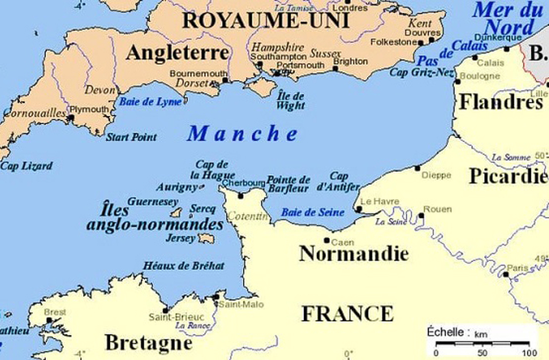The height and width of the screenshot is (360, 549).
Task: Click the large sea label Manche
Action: point(243,133)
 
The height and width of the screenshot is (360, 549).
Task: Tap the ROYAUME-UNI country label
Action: point(265,21)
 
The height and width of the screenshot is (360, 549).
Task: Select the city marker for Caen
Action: point(327,240)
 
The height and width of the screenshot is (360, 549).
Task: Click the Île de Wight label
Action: point(291,101)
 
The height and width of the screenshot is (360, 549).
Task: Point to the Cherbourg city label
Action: point(243,183)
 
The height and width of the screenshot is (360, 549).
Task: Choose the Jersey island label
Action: point(181,238)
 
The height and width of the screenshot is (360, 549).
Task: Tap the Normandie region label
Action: point(353,253)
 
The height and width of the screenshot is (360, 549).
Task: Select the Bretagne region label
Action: point(148,342)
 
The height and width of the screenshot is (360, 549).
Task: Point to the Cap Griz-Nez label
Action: point(421,73)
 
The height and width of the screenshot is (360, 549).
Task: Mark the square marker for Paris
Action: point(506,274)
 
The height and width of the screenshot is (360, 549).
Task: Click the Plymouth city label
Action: point(91,109)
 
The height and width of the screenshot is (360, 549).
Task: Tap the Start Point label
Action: point(131,137)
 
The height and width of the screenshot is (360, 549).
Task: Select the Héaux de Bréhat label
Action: point(183,266)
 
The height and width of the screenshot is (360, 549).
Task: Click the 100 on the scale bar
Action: point(529,352)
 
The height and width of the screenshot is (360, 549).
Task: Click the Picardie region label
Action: point(508,176)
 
